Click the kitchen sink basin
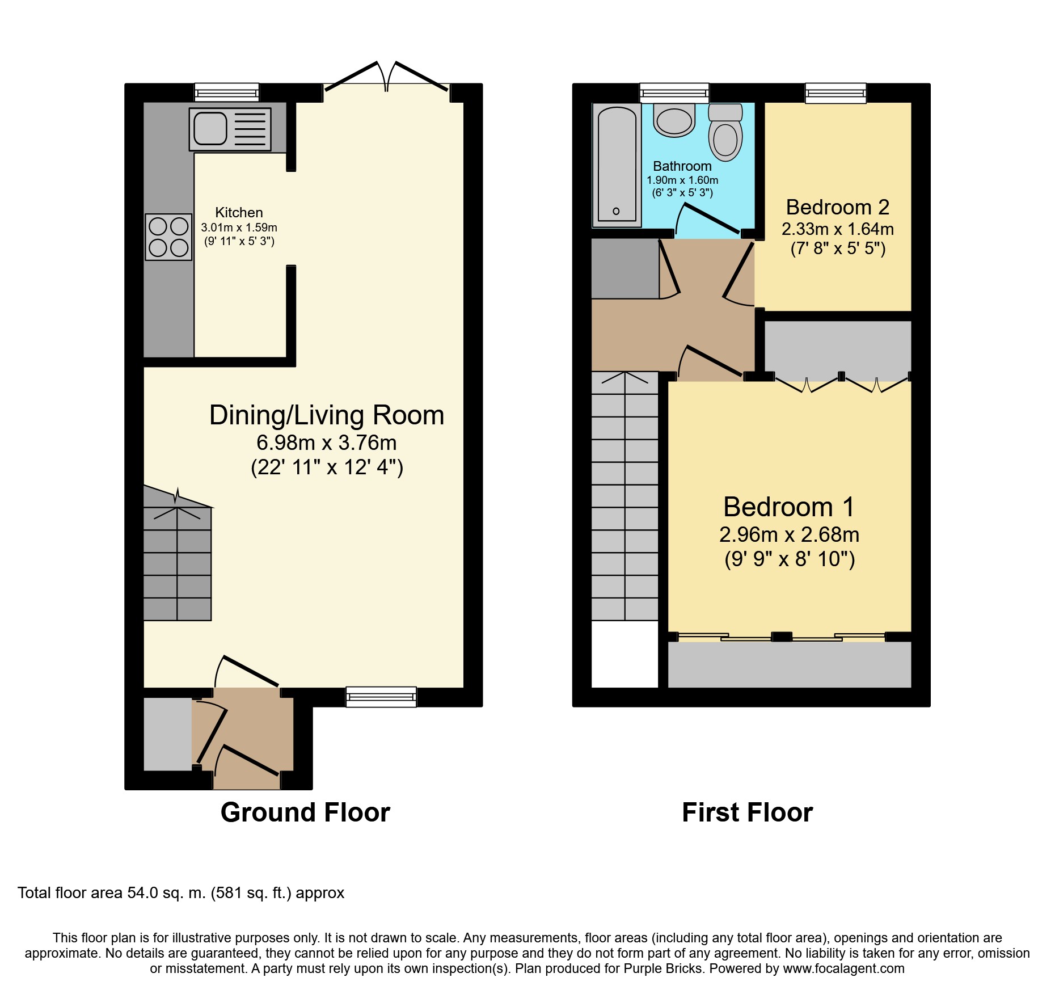click(x=210, y=128)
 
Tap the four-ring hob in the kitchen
click(x=168, y=237)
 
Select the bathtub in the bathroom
click(x=617, y=165)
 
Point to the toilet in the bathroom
click(x=725, y=132)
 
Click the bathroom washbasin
click(x=674, y=120)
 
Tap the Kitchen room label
click(x=239, y=213)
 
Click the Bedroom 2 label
click(x=838, y=208)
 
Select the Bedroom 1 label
click(x=789, y=507)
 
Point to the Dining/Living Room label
click(x=327, y=415)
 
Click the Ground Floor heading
click(x=305, y=812)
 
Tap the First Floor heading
click(x=748, y=812)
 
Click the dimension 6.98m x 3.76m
click(x=327, y=443)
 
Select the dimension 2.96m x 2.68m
click(x=790, y=534)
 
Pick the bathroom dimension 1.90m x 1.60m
click(x=682, y=180)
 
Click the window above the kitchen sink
click(x=227, y=92)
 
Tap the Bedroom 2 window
click(x=835, y=93)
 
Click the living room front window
click(x=381, y=697)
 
